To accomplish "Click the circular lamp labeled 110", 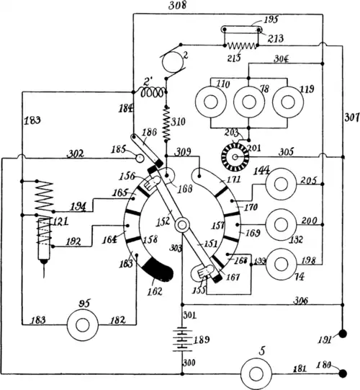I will pyautogui.click(x=212, y=101).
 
